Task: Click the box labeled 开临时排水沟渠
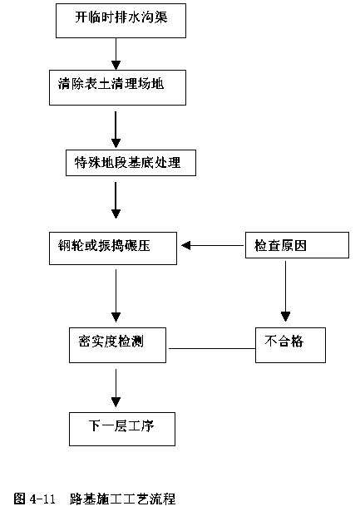pyautogui.click(x=121, y=21)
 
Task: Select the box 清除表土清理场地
pyautogui.click(x=117, y=88)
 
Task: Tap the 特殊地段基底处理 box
pyautogui.click(x=131, y=163)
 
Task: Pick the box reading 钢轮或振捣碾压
pyautogui.click(x=113, y=248)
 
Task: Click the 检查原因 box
pyautogui.click(x=297, y=245)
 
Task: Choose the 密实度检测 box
pyautogui.click(x=117, y=345)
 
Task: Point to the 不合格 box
pyautogui.click(x=290, y=345)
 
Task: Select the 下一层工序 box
pyautogui.click(x=122, y=429)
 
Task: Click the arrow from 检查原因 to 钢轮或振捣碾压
pyautogui.click(x=213, y=246)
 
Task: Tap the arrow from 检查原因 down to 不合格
pyautogui.click(x=285, y=291)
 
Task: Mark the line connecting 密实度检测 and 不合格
pyautogui.click(x=212, y=348)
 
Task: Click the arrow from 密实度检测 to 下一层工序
pyautogui.click(x=116, y=388)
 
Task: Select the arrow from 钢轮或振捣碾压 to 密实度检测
pyautogui.click(x=116, y=295)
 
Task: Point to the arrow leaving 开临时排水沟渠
pyautogui.click(x=116, y=54)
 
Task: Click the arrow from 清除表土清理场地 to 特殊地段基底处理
pyautogui.click(x=116, y=130)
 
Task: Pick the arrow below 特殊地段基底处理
pyautogui.click(x=116, y=200)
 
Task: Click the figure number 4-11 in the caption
pyautogui.click(x=42, y=499)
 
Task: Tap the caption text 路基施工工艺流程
pyautogui.click(x=122, y=499)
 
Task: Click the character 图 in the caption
pyautogui.click(x=20, y=499)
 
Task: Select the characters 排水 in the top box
pyautogui.click(x=127, y=17)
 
